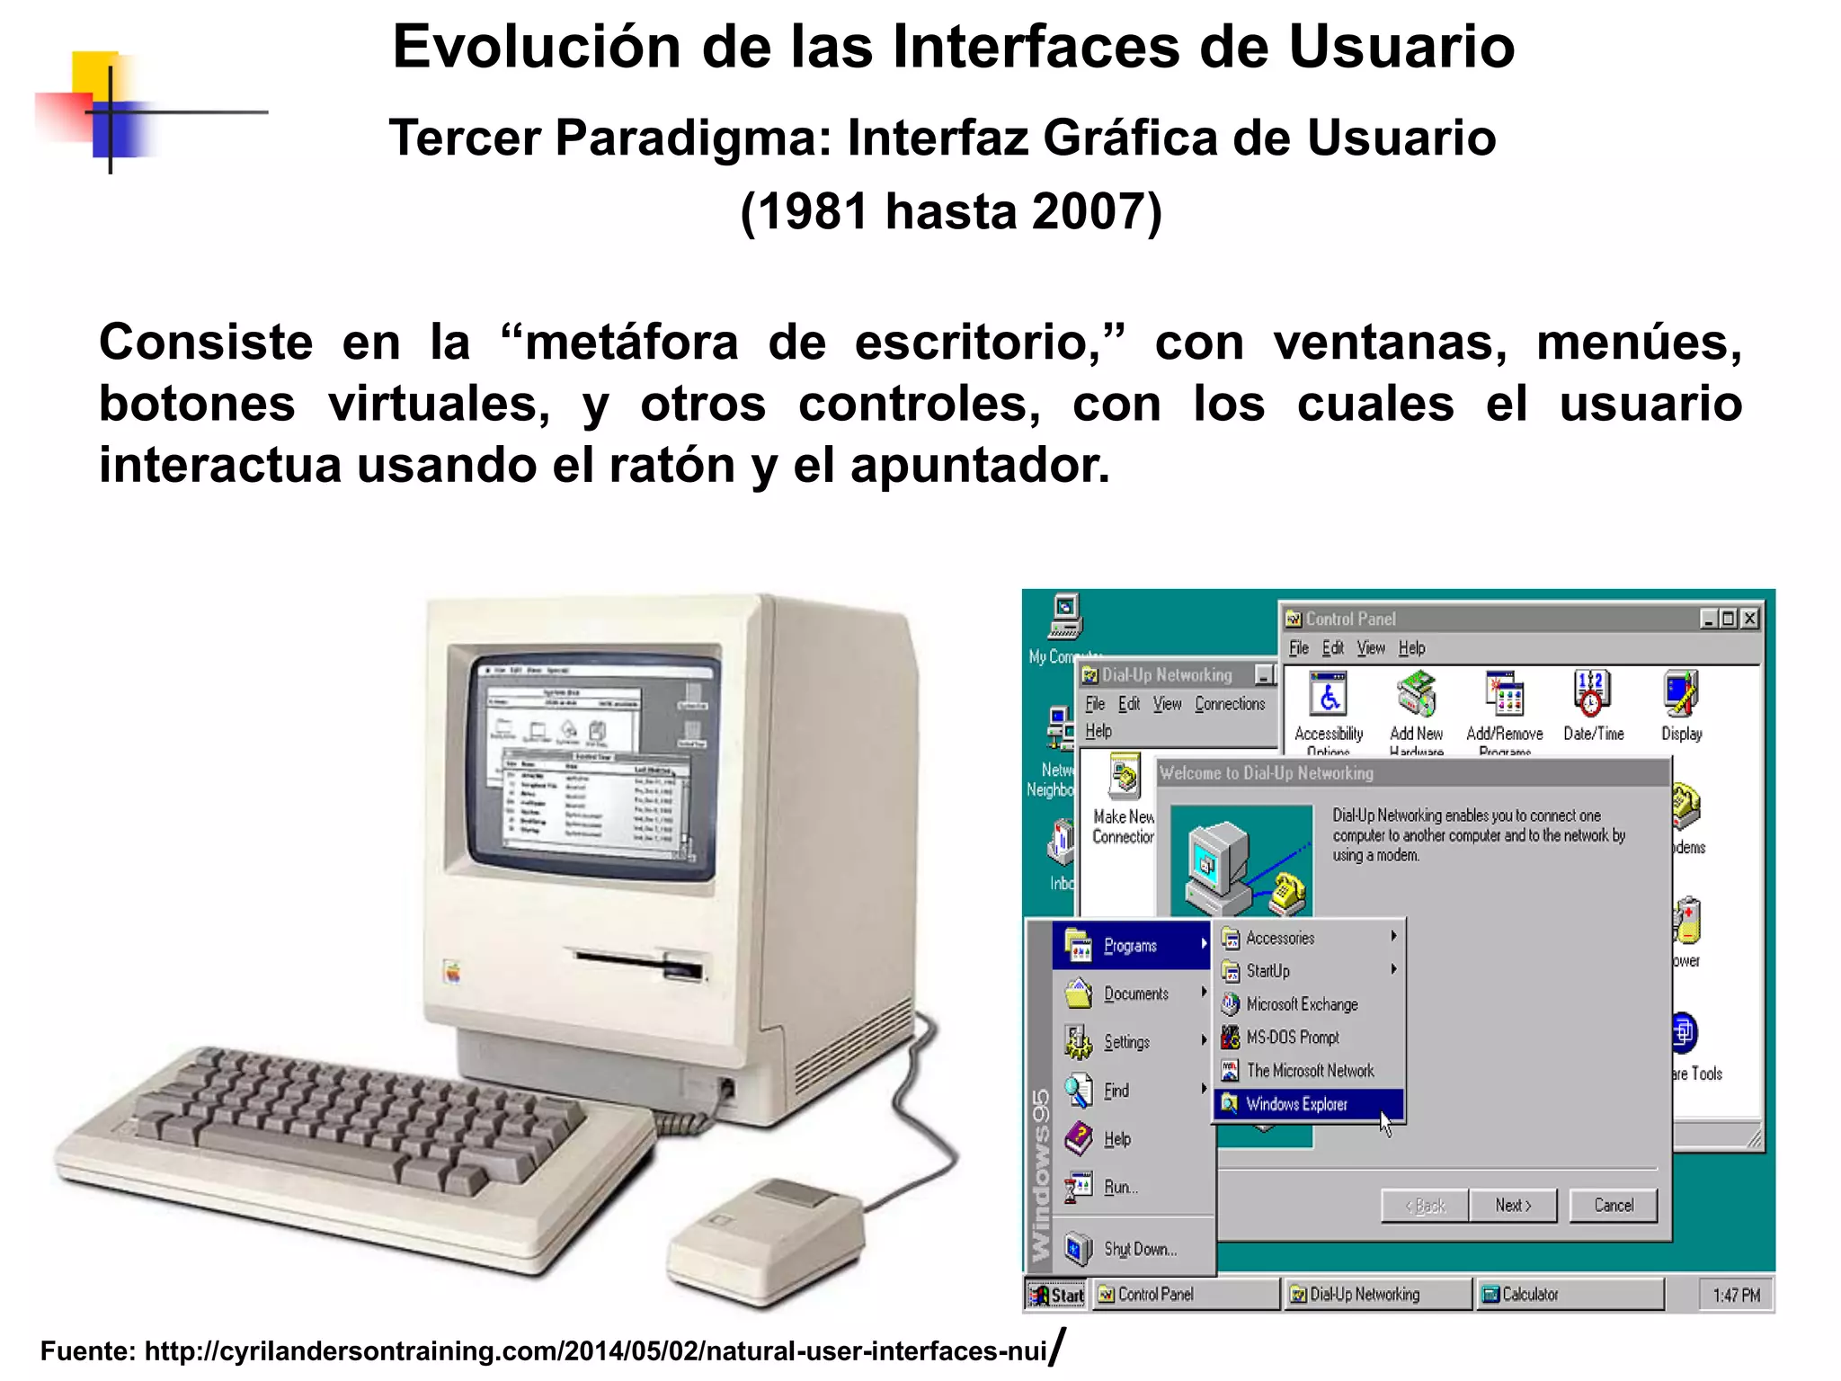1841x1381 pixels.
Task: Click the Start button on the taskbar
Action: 1057,1295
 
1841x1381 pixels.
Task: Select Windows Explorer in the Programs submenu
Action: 1296,1104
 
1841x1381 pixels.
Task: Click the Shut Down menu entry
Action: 1139,1249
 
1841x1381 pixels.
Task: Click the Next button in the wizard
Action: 1513,1206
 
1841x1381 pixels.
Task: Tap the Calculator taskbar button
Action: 1568,1295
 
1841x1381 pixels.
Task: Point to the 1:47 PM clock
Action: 1736,1296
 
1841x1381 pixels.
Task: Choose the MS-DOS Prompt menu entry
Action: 1292,1038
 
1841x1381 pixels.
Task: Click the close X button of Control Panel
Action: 1748,619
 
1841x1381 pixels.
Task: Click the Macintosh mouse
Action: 767,1233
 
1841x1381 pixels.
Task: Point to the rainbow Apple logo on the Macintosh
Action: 452,972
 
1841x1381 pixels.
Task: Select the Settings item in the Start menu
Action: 1126,1042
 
